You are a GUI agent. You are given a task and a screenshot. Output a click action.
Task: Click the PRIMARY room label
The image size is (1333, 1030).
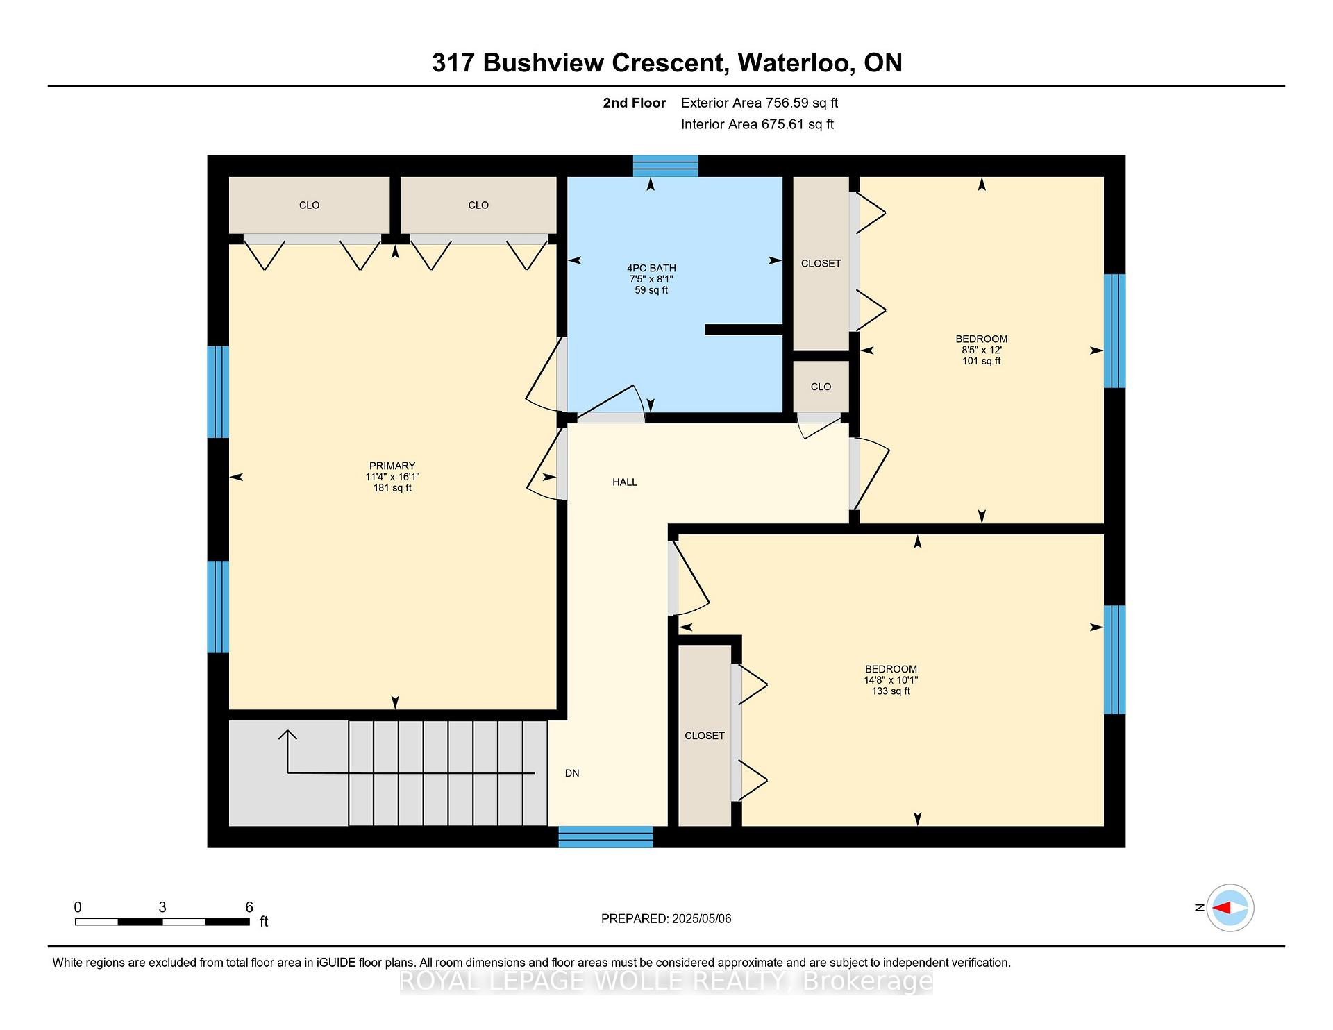point(392,466)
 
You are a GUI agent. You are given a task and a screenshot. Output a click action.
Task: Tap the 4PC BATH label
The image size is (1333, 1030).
point(651,268)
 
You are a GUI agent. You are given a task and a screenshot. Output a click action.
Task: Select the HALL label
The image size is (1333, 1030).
point(625,482)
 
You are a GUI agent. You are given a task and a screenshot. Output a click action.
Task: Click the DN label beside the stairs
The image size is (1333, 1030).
point(572,773)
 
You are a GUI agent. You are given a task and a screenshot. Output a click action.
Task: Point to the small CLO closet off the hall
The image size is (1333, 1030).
point(821,387)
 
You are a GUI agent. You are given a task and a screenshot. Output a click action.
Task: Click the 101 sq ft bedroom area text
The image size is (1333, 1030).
point(982,361)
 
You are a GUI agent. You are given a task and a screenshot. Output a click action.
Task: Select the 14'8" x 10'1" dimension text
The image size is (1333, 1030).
point(891,680)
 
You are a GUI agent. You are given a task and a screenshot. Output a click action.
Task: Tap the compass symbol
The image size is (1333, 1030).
point(1230,908)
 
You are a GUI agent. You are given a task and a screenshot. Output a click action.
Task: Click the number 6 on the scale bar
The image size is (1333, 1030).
point(249,907)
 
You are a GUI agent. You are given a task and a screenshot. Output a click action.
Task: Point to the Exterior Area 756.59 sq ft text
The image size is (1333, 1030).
point(760,103)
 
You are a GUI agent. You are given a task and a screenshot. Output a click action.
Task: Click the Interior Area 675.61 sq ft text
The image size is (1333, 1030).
point(757,124)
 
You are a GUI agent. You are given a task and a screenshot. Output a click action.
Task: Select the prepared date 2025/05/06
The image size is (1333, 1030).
point(702,919)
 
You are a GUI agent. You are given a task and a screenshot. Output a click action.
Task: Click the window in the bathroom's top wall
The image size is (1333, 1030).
point(665,167)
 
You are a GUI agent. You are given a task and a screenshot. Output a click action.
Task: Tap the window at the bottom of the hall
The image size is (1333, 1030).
point(606,837)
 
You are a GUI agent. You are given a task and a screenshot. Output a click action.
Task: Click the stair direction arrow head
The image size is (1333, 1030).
point(288,735)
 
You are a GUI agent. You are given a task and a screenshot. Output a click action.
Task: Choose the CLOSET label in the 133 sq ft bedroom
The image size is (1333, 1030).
point(705,736)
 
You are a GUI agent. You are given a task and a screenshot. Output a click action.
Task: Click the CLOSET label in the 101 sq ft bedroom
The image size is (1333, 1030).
point(821,264)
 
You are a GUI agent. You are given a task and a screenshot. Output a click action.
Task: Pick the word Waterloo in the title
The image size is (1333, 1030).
point(796,63)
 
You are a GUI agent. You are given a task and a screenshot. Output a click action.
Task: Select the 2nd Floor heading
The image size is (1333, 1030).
point(635,103)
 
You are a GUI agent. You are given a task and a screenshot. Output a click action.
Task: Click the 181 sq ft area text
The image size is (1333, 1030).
point(392,488)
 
